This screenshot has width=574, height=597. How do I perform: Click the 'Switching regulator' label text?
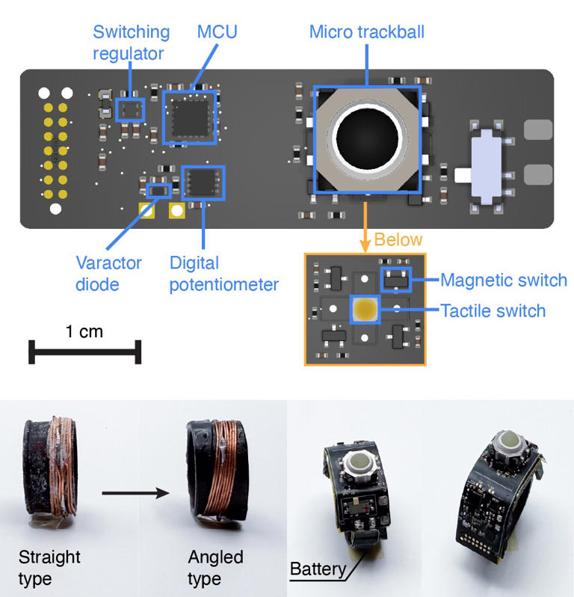coord(132,43)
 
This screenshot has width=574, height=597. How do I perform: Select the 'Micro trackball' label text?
coord(367,33)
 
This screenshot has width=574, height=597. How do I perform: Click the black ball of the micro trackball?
coord(367,138)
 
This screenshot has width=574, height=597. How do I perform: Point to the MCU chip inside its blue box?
coord(189,117)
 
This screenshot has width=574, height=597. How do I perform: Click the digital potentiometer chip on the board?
coord(203,182)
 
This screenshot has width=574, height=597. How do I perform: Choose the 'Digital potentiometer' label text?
coord(223,273)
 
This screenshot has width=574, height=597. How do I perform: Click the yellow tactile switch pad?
coord(365,307)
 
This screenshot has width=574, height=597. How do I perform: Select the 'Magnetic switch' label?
coord(503,281)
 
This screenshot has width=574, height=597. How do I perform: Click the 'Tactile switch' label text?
coord(493,310)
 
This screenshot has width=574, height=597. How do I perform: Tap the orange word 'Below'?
coord(398,240)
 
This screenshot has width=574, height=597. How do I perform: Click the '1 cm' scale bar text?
coord(84,331)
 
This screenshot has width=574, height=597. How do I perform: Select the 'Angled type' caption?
coord(215,568)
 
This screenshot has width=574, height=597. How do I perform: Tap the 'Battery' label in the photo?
coord(318,569)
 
